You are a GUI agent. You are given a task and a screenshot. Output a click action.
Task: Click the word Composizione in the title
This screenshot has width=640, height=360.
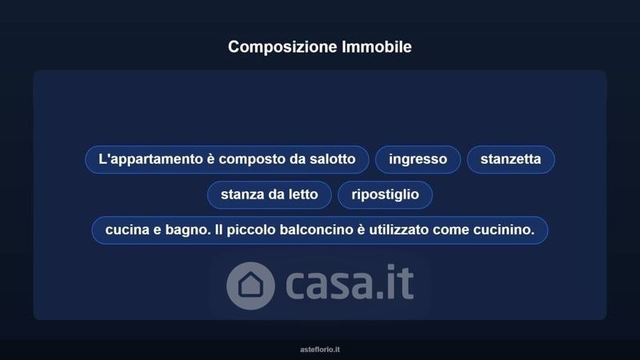click(282, 47)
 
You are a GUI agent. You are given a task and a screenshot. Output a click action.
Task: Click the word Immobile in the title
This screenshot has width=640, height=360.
click(377, 46)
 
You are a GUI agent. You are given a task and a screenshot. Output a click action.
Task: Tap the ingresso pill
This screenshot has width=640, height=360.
click(418, 159)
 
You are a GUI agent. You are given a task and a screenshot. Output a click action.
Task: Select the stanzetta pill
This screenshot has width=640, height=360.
click(510, 159)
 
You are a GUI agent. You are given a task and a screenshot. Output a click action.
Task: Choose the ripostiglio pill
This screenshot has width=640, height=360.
click(385, 194)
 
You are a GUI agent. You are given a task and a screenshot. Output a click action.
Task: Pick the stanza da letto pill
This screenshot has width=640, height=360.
click(270, 194)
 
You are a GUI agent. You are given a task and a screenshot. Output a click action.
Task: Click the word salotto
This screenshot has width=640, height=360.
click(332, 158)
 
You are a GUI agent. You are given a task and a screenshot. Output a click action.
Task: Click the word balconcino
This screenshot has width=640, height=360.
click(317, 230)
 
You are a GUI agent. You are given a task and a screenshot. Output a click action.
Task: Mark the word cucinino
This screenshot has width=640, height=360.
click(504, 230)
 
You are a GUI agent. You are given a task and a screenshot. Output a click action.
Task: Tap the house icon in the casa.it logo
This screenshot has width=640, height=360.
click(250, 286)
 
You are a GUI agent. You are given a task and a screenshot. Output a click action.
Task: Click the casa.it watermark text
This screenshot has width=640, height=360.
click(350, 282)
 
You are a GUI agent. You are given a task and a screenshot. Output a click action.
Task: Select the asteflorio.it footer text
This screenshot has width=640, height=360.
click(320, 350)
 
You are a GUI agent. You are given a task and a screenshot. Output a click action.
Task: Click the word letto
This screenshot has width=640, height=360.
click(303, 194)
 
